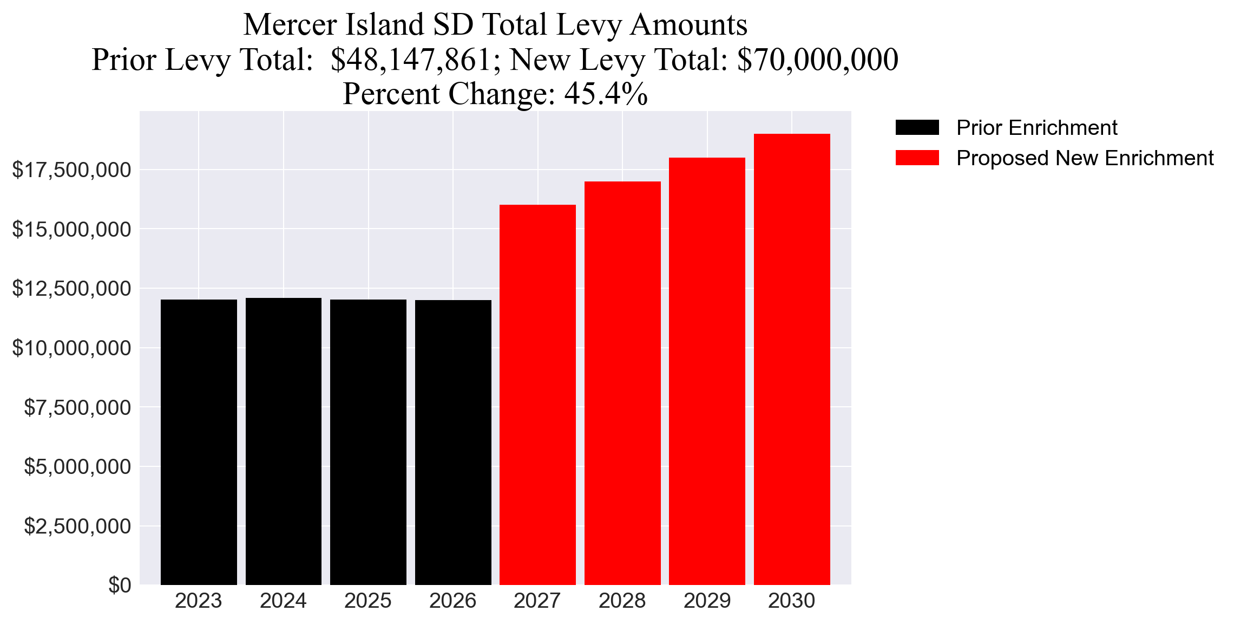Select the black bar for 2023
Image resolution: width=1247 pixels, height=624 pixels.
click(199, 441)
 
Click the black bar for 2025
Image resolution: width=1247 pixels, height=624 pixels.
click(368, 441)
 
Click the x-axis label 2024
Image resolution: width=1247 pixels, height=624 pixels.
click(283, 601)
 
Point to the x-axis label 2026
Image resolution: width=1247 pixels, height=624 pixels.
click(452, 601)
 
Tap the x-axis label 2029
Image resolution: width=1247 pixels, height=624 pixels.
click(707, 601)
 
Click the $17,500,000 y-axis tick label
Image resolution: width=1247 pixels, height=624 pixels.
click(71, 170)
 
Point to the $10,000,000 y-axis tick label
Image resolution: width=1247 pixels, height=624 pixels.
click(71, 348)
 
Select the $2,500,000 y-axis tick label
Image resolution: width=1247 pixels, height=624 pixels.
click(77, 526)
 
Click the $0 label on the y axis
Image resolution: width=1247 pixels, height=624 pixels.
click(120, 585)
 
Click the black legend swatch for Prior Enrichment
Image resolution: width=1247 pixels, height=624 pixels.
click(917, 128)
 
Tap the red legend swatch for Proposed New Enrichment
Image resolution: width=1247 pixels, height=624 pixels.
click(917, 158)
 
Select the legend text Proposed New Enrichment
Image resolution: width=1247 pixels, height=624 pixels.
click(1085, 158)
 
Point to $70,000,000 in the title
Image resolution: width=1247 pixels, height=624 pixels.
click(817, 60)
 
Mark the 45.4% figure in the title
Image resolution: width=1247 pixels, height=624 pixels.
click(606, 94)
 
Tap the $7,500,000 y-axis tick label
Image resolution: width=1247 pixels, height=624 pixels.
click(77, 407)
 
